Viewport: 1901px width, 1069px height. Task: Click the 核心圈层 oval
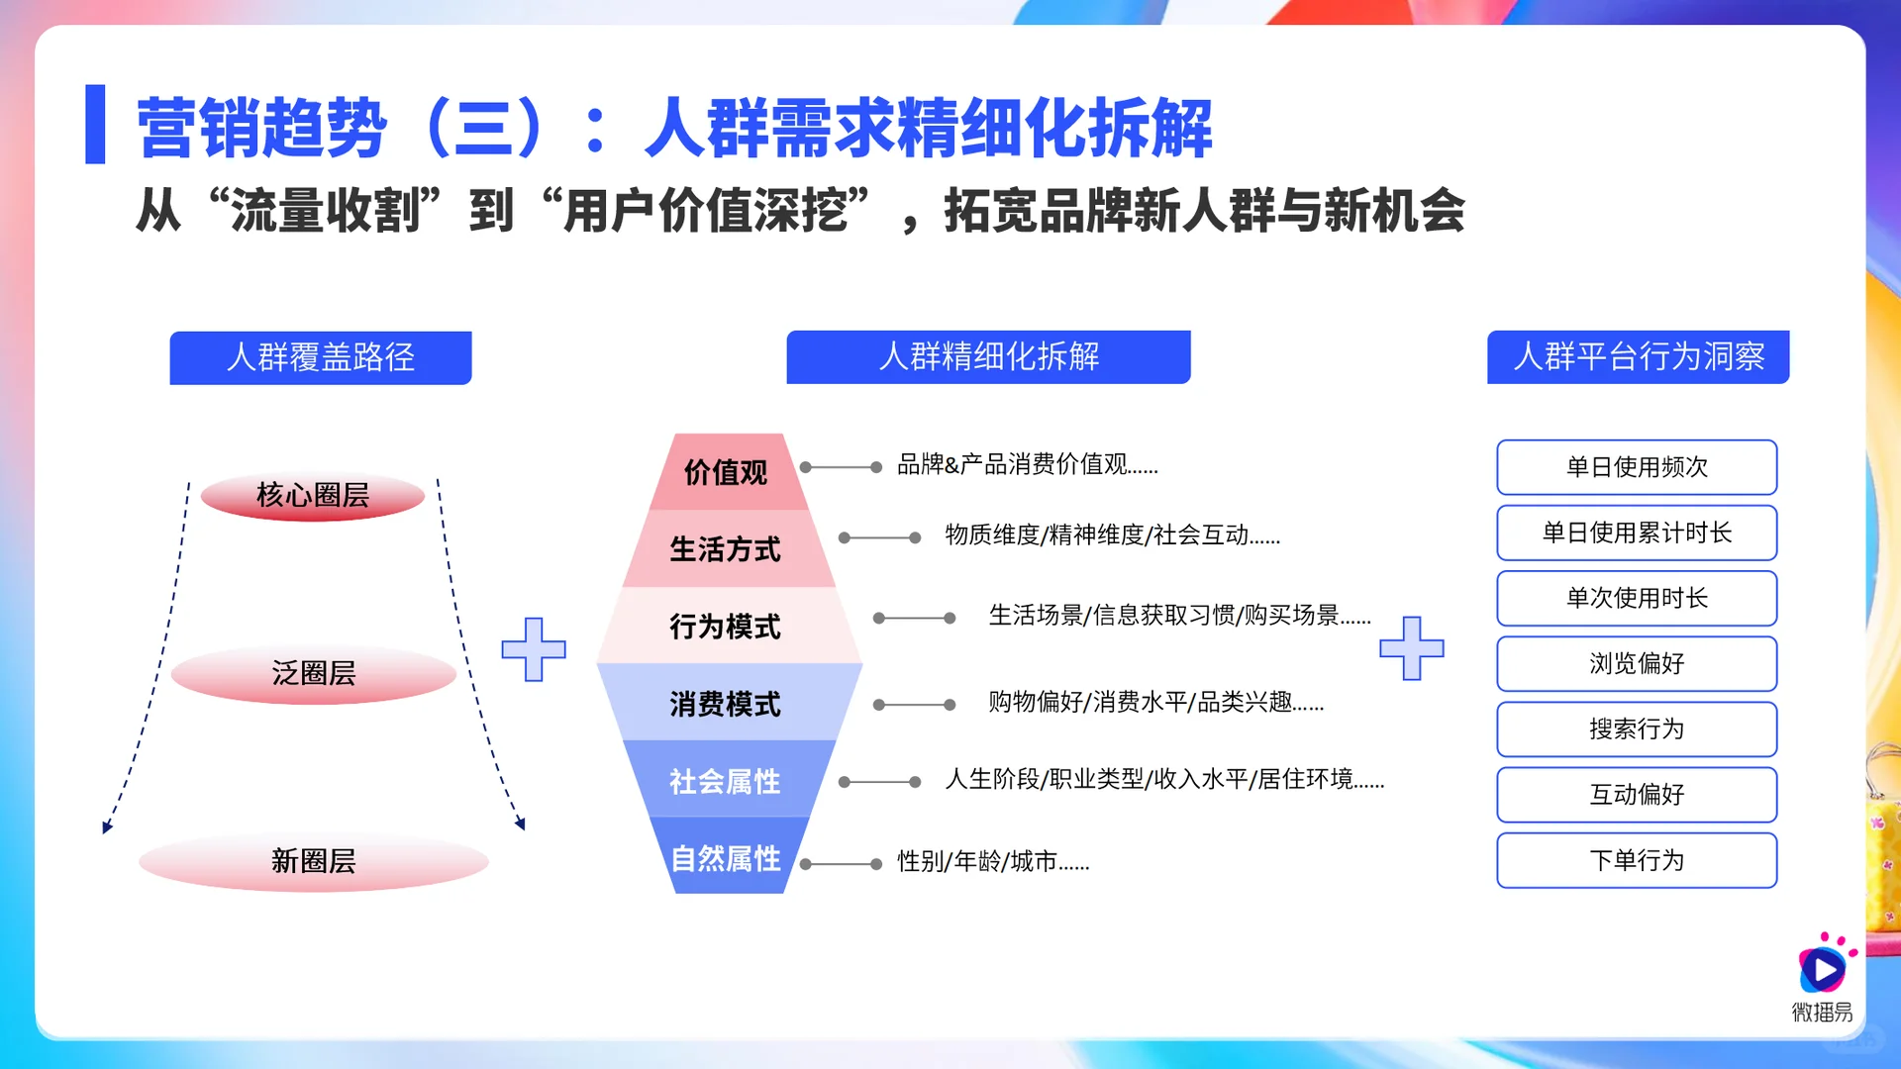[313, 495]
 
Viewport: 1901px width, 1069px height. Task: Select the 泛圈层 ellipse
[313, 674]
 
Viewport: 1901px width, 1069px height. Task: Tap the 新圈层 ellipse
[313, 861]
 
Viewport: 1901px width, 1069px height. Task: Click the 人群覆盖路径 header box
[321, 357]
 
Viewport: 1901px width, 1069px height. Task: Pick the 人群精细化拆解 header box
[988, 356]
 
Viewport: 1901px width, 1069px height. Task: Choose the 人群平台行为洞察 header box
[1638, 356]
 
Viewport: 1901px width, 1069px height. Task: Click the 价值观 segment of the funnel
[726, 472]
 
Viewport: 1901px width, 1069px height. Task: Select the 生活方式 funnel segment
[726, 549]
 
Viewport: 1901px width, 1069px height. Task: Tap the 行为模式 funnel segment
[726, 627]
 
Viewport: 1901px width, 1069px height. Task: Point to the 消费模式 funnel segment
[726, 704]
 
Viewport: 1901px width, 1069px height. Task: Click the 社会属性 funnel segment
[726, 781]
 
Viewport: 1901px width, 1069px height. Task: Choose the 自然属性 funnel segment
[726, 858]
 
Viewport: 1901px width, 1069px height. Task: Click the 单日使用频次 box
[1637, 467]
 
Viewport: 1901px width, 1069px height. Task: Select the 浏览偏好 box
[1637, 663]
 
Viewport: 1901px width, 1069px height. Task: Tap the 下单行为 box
[1637, 860]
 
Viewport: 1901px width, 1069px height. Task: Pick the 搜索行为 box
[1637, 729]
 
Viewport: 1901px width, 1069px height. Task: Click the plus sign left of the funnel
[534, 649]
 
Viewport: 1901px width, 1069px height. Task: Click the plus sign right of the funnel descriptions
[1412, 648]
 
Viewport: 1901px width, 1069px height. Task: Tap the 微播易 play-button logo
[1822, 969]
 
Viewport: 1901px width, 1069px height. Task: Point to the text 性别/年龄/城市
[992, 862]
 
